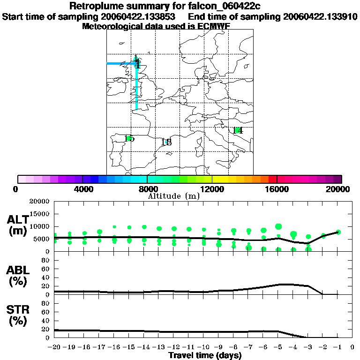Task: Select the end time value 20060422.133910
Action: point(321,16)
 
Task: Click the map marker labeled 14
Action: point(238,130)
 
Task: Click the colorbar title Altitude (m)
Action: point(173,196)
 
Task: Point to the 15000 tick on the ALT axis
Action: point(41,214)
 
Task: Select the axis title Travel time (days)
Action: point(205,355)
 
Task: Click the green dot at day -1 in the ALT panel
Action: point(338,232)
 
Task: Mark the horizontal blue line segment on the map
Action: point(121,63)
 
